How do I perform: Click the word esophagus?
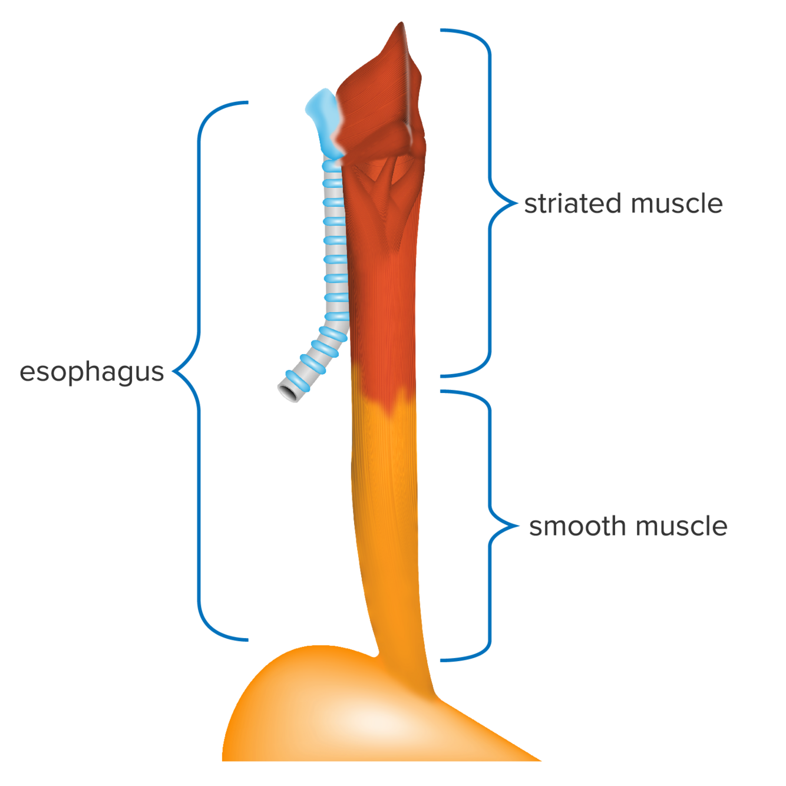(x=91, y=373)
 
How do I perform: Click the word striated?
(x=572, y=204)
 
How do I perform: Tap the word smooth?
(x=577, y=526)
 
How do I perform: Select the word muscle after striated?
(x=676, y=204)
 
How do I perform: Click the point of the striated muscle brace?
(x=518, y=204)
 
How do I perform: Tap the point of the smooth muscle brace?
(x=519, y=525)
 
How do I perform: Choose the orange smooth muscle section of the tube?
(x=386, y=519)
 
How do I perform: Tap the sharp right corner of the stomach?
(x=539, y=759)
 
